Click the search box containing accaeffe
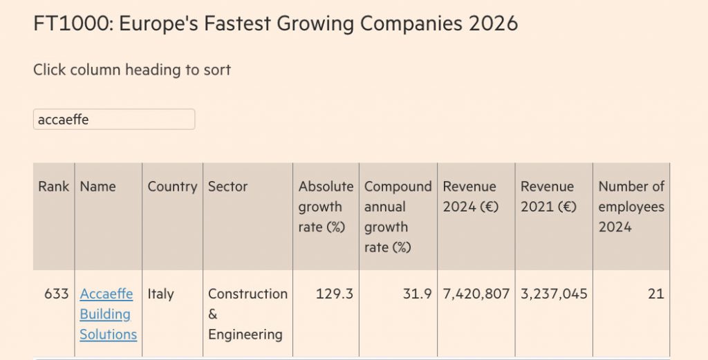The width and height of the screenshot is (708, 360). pos(114,119)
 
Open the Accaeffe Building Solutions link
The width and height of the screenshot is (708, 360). pos(108,314)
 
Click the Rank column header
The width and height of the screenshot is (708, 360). pos(54,187)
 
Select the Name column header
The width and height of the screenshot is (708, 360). pos(98,187)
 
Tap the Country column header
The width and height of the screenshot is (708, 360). pos(172,187)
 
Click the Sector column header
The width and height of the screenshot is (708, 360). pos(227,187)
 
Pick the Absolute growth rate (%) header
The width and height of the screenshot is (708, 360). pos(326,207)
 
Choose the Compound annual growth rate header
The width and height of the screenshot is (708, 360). pos(398,216)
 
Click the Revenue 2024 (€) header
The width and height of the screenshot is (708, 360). pos(469,196)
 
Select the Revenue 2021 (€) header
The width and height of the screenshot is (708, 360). pos(548,196)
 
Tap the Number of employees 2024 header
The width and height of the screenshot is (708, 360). pos(631,207)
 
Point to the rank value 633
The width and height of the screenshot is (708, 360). pos(56,294)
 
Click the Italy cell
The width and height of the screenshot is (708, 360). pos(161,294)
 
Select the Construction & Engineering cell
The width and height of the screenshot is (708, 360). pos(248,314)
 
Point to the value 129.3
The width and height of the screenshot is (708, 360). pos(335,294)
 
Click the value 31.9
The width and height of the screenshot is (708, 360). pos(417,294)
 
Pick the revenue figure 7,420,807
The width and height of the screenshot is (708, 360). pos(476,294)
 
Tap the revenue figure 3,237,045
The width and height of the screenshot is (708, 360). pos(554,294)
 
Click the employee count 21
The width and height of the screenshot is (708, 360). pos(655,294)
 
